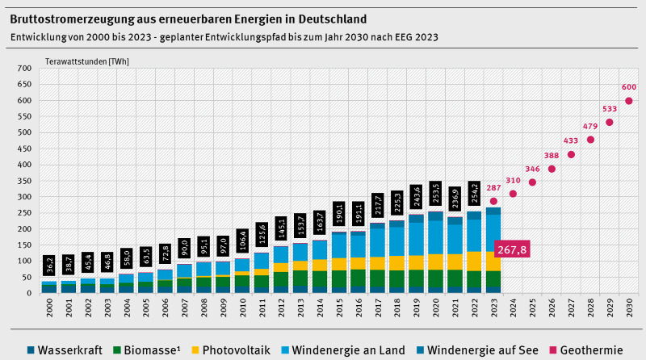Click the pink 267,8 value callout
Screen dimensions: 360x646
[x=512, y=249]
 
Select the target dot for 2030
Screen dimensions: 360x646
[x=629, y=101]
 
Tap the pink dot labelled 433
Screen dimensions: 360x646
[x=571, y=155]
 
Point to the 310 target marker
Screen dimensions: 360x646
[x=513, y=194]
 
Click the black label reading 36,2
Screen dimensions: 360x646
[x=49, y=264]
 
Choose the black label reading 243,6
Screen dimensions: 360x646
[x=417, y=197]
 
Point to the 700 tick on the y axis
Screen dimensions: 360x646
[x=23, y=69]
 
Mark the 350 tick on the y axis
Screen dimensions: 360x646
[x=23, y=181]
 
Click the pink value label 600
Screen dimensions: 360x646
[x=629, y=87]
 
